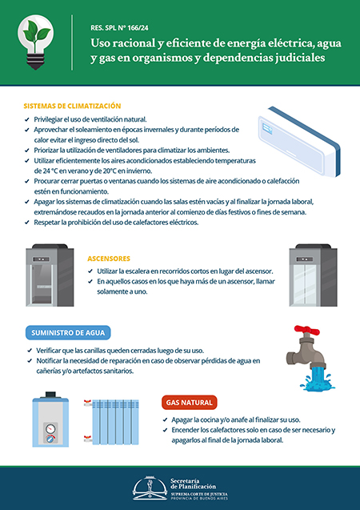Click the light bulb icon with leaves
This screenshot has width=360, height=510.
coord(36,42)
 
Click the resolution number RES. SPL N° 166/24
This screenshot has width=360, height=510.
coord(119,28)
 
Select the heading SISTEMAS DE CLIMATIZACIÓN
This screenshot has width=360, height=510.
coord(72,106)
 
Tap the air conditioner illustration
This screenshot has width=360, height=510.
coord(299,141)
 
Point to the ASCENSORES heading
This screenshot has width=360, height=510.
coord(109,259)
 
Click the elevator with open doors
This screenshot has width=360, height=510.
coord(50,275)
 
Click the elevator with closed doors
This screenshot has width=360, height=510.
coord(314,275)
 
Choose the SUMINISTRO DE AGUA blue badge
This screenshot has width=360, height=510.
coord(68,333)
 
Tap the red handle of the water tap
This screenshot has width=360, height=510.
coord(306,330)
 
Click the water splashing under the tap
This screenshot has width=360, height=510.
coord(318,378)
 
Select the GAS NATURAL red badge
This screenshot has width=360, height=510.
coord(189,403)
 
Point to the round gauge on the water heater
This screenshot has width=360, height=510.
coord(50,429)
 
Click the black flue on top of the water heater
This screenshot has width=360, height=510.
coord(50,395)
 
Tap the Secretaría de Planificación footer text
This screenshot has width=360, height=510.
coord(193,484)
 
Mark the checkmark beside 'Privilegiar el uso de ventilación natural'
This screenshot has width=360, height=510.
coord(27,119)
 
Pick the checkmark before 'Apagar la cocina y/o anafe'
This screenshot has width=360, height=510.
coord(165,420)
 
